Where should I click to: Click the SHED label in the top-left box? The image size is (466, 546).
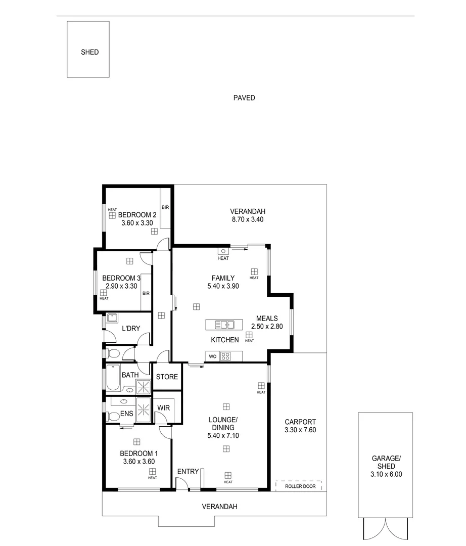click(89, 52)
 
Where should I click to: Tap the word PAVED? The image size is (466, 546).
click(244, 98)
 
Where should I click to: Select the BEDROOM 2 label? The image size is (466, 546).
click(137, 214)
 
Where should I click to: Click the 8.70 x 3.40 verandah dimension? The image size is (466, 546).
click(247, 220)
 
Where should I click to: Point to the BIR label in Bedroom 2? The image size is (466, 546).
click(165, 207)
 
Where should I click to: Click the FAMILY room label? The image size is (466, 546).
click(222, 278)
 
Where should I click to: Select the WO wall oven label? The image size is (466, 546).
click(213, 356)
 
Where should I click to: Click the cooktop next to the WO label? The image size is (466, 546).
click(225, 356)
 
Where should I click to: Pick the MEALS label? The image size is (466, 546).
click(267, 318)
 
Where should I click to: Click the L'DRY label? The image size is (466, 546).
click(131, 329)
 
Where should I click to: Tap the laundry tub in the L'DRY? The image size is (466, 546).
click(112, 318)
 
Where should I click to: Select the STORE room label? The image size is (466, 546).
click(167, 377)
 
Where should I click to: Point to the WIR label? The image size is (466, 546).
click(163, 407)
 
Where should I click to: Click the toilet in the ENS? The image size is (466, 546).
click(113, 417)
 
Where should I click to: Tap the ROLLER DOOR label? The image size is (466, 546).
click(300, 486)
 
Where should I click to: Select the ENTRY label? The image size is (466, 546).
click(188, 472)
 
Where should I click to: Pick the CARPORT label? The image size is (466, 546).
click(300, 422)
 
